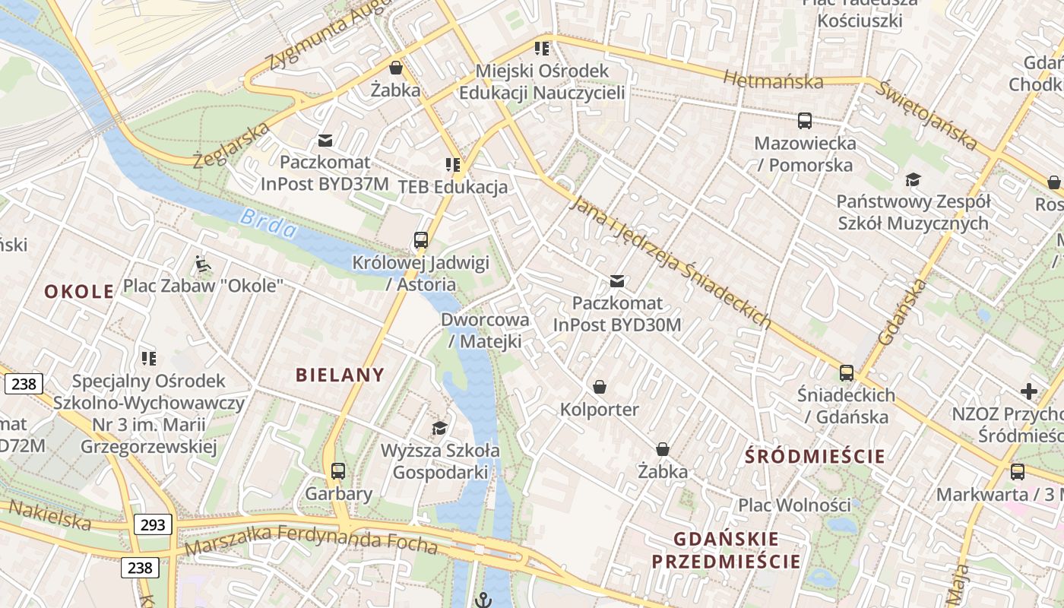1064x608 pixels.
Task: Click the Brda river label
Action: pos(268,223)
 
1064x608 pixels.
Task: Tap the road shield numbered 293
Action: pos(154,524)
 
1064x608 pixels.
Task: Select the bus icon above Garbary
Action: pos(338,471)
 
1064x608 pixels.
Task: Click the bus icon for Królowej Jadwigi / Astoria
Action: pos(421,240)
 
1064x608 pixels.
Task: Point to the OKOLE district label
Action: pos(79,291)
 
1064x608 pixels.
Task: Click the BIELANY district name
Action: pos(340,375)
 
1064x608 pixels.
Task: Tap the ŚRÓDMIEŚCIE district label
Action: pos(815,456)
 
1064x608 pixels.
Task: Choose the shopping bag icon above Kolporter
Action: pos(600,387)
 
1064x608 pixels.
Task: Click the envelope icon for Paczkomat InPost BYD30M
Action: pos(617,281)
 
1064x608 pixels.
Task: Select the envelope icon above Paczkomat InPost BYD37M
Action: pos(325,140)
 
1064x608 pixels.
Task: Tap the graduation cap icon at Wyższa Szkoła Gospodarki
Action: pos(439,427)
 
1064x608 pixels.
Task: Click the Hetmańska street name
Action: pos(773,80)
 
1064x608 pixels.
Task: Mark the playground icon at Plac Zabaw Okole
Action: pos(202,264)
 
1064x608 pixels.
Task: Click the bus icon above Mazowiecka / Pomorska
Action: pos(805,120)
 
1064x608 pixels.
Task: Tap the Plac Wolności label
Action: pos(794,505)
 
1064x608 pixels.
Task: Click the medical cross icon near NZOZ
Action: pos(1028,391)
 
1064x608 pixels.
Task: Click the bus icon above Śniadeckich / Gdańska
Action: pos(846,372)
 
